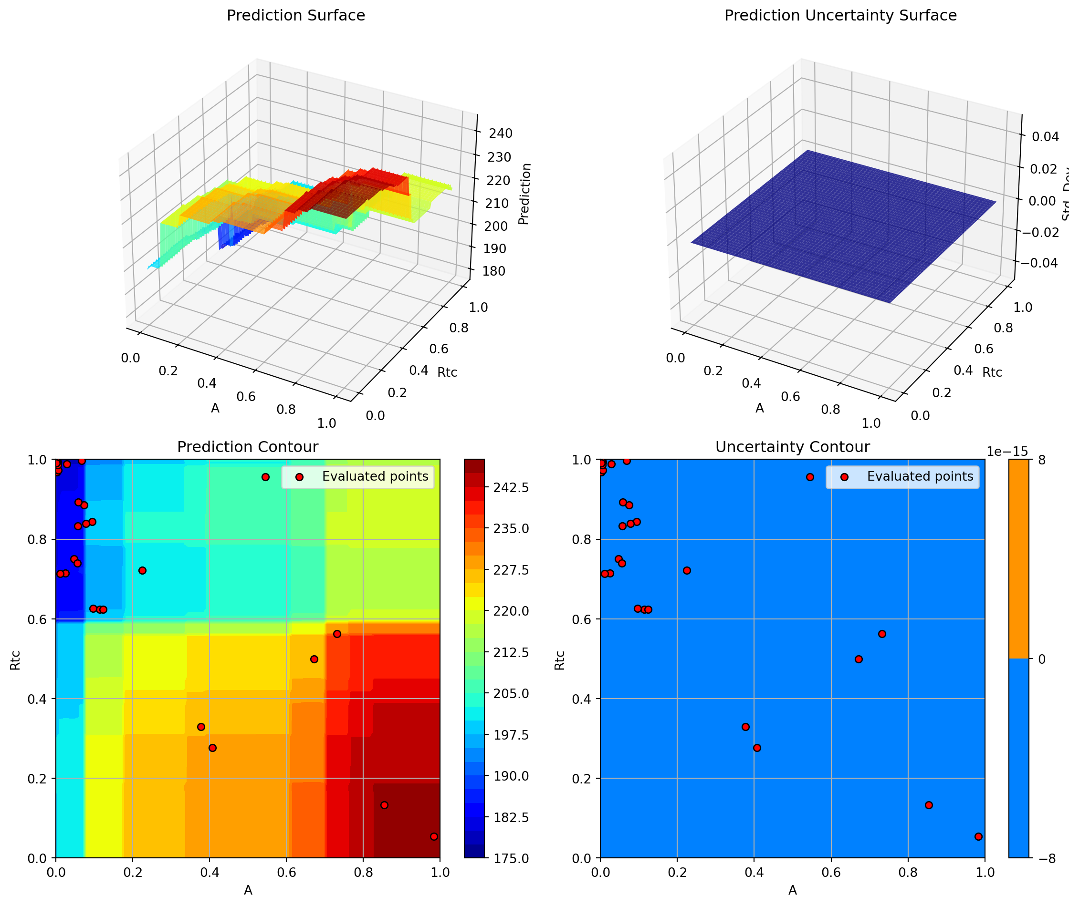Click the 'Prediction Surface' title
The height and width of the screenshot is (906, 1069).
point(295,16)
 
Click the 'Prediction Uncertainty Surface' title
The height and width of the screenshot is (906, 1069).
point(840,16)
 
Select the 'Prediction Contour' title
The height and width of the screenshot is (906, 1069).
point(247,447)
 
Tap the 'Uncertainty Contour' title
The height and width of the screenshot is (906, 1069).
point(792,447)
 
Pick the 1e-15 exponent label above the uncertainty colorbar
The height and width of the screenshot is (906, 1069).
point(1007,451)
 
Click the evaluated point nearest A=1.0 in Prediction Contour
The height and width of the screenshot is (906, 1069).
point(434,837)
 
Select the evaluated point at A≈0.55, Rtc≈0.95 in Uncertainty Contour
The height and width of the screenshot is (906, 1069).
point(810,477)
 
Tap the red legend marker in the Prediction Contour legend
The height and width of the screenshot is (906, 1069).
point(300,477)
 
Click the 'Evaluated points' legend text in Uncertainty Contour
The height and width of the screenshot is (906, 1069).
point(920,477)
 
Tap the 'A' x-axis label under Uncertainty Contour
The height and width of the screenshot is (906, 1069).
point(792,891)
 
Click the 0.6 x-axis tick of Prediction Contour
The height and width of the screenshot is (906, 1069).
point(286,873)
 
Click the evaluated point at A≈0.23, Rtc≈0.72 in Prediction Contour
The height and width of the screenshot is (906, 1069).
point(142,571)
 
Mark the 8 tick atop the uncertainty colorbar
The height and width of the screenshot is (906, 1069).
point(1042,460)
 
